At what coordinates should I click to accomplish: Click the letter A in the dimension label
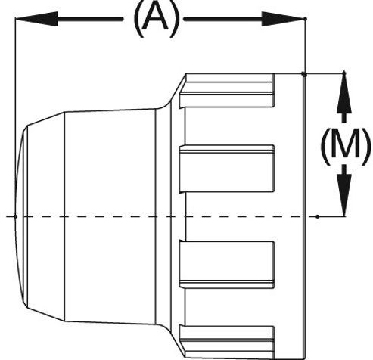click(155, 17)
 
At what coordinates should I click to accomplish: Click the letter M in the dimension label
click(345, 146)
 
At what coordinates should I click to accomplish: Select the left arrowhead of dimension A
click(36, 19)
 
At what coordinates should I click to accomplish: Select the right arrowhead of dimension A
click(283, 19)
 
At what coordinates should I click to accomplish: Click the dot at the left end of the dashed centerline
click(15, 216)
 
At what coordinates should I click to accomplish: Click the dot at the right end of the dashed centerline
click(318, 216)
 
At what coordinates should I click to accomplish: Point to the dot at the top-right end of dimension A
click(305, 19)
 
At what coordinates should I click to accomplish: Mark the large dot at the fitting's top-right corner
click(304, 74)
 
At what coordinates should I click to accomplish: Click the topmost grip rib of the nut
click(227, 91)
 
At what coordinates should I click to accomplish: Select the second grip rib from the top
click(227, 169)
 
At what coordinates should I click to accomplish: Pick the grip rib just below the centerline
click(227, 264)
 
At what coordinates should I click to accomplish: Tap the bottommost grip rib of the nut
click(227, 342)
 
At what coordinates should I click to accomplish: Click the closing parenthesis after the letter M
click(365, 147)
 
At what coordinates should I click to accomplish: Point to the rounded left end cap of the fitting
click(21, 216)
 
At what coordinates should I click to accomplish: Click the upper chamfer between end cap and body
click(46, 119)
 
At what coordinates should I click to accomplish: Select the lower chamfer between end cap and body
click(46, 315)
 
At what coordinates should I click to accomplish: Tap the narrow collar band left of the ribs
click(163, 216)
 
